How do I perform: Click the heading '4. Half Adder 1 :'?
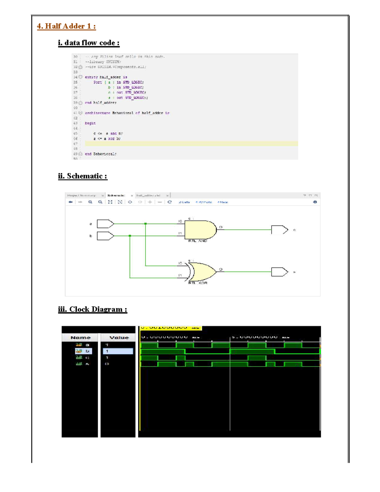66,26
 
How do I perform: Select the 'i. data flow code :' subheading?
89,43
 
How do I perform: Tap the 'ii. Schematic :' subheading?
83,176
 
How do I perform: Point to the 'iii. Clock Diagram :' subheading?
92,310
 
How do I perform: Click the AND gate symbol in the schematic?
200,230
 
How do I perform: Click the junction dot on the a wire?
145,224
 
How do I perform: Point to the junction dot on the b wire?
130,236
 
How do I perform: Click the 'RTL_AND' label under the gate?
198,241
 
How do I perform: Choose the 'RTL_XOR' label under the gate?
198,283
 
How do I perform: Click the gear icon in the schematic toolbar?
315,202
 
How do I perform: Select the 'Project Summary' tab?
81,195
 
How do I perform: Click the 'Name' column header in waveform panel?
80,338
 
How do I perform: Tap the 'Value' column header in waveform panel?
119,338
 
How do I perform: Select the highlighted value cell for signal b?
118,351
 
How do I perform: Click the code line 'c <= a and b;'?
108,133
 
